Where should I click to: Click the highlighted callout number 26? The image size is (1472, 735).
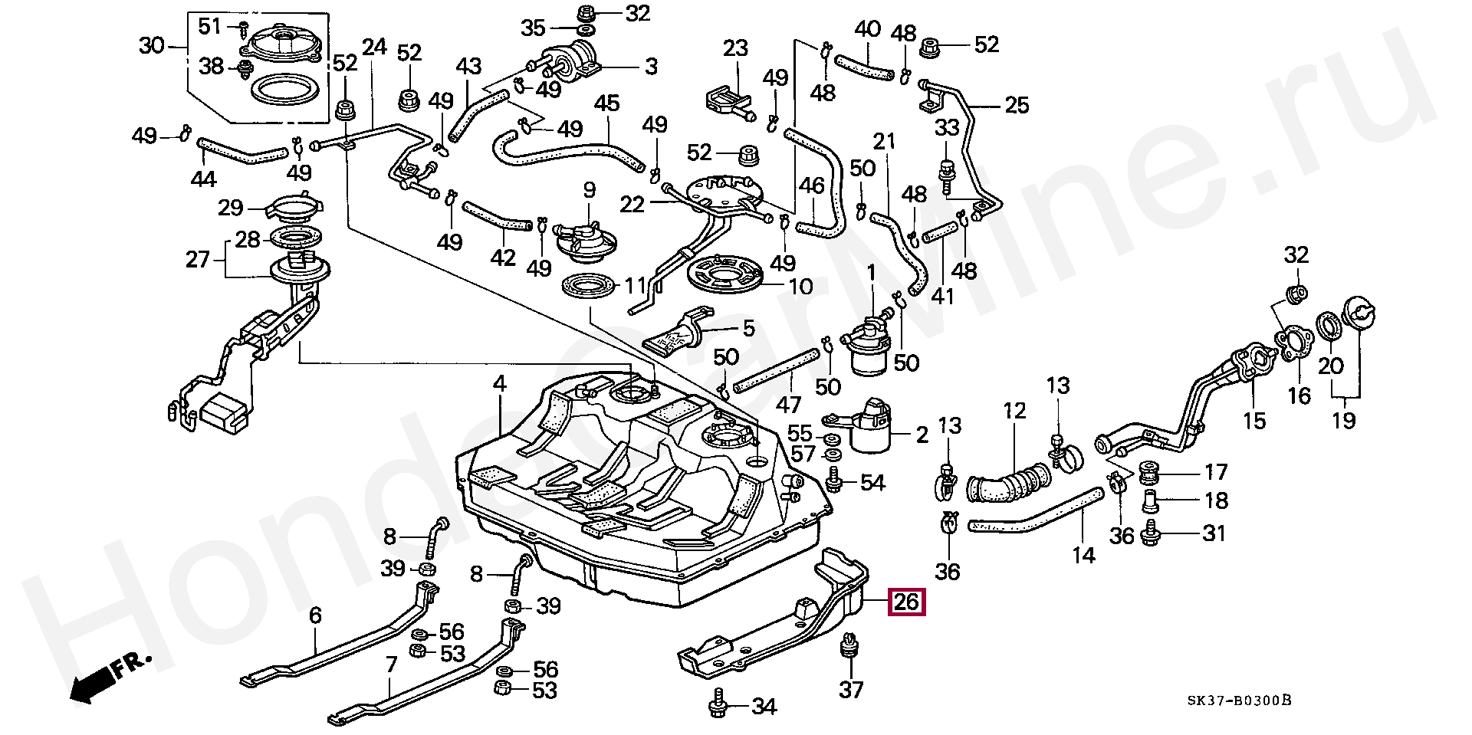point(906,602)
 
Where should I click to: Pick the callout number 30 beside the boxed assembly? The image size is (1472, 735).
point(152,47)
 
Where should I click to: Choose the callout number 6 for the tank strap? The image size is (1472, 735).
point(316,615)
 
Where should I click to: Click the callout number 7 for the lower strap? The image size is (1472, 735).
point(391,664)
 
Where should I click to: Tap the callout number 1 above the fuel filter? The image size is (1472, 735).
point(871,272)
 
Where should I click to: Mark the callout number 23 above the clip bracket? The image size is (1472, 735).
point(735,49)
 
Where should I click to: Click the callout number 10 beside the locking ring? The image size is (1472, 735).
point(800,287)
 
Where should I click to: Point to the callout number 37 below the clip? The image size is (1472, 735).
point(851,690)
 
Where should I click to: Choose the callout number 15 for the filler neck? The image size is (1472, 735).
point(1254,420)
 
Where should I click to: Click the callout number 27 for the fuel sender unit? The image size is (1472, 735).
point(198,260)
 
